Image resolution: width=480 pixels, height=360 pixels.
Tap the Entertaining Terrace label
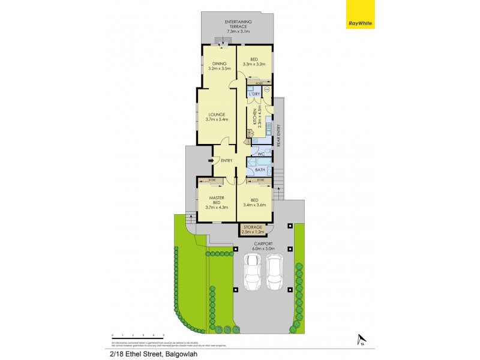point(238,25)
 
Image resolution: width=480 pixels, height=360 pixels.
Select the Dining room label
point(219,66)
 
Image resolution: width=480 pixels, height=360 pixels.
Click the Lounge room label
point(217,116)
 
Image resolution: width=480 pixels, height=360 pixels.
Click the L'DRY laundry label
point(254,94)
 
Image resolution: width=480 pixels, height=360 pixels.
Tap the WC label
point(260,154)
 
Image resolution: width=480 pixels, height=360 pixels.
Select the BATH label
point(260,170)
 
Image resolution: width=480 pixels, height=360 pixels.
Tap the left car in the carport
point(251,271)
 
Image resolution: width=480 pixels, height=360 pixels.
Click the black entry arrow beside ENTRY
point(210,161)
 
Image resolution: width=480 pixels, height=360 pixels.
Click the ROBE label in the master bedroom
point(212,180)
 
